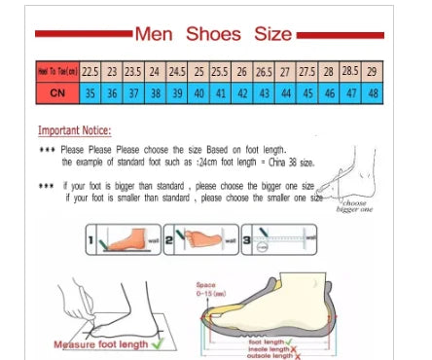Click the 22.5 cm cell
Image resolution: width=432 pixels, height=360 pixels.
point(90,72)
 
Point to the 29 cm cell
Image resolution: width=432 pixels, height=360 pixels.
point(373,72)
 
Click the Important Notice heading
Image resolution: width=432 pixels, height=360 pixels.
point(74,130)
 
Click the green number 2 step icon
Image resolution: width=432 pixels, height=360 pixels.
point(167,239)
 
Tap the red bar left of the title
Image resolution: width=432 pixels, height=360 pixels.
point(82,34)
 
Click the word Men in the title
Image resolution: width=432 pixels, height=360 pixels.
point(155,33)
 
